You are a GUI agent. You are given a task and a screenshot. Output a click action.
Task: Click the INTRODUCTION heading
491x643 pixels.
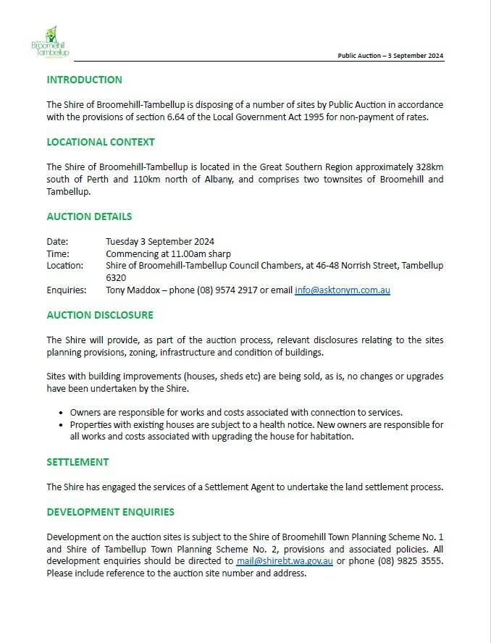pos(84,80)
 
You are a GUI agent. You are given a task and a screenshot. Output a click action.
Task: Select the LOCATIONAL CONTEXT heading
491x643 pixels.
pos(101,142)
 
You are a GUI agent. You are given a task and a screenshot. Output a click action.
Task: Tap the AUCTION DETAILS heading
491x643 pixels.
pos(89,217)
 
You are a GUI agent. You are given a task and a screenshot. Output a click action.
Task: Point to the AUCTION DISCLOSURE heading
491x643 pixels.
pos(100,315)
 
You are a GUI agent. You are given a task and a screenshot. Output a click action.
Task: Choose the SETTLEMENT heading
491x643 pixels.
pos(77,462)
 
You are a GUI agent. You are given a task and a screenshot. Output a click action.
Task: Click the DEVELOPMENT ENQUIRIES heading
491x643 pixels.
pos(111,512)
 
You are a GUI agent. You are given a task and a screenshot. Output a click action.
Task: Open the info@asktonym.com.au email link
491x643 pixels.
pos(343,290)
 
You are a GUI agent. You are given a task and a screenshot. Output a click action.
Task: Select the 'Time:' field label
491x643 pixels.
pos(58,253)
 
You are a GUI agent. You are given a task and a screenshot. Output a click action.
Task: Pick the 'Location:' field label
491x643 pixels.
pos(65,266)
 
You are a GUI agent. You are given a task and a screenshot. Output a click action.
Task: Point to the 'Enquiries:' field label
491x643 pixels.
pos(67,290)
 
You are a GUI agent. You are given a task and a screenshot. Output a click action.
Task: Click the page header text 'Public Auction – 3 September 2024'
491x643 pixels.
pos(391,56)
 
